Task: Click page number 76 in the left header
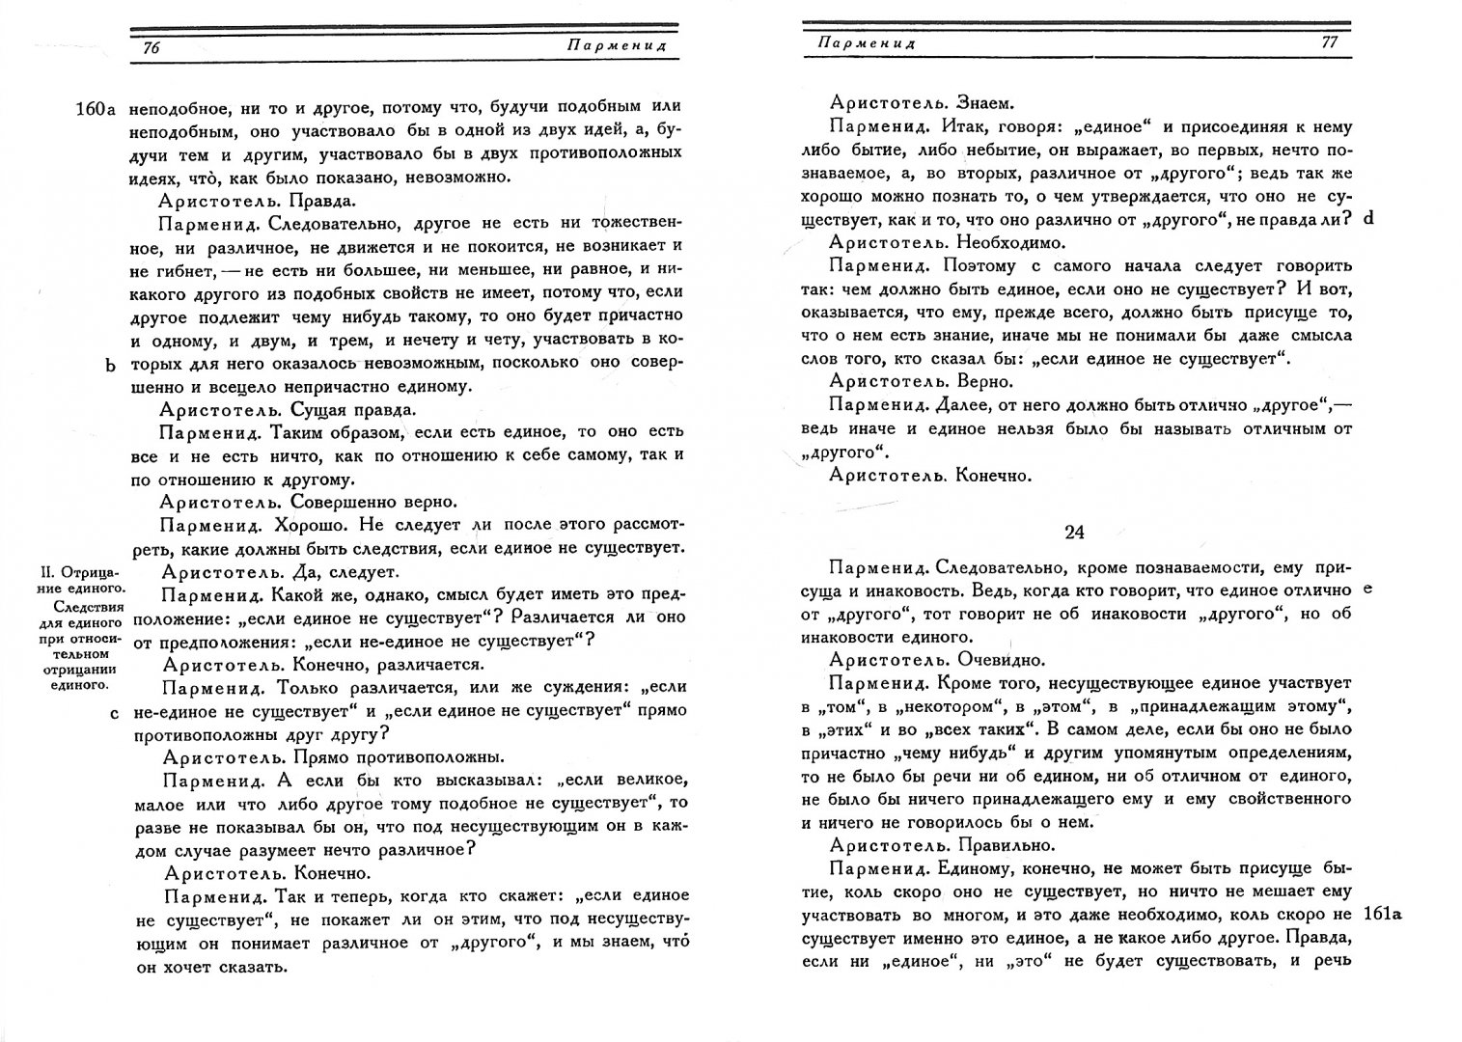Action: [x=151, y=48]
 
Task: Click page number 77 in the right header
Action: [x=1328, y=42]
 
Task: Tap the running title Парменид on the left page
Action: [x=632, y=46]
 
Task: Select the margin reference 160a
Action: [x=95, y=109]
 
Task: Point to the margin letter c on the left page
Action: [x=114, y=713]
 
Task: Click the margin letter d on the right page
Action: [x=1367, y=219]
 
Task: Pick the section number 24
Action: [x=1075, y=532]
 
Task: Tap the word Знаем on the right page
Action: [x=984, y=103]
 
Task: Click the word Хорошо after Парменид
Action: [x=308, y=525]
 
